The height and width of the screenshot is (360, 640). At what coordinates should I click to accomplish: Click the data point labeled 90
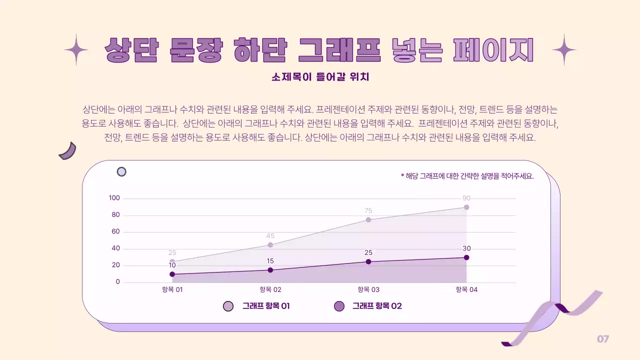pyautogui.click(x=466, y=207)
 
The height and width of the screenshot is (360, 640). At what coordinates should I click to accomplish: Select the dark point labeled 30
pyautogui.click(x=466, y=257)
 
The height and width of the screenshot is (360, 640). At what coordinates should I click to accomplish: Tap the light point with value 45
pyautogui.click(x=270, y=245)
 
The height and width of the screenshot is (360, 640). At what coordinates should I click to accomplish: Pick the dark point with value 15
pyautogui.click(x=270, y=270)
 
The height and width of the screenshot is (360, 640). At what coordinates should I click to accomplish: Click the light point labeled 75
pyautogui.click(x=368, y=219)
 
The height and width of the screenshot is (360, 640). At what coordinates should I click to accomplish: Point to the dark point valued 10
pyautogui.click(x=172, y=274)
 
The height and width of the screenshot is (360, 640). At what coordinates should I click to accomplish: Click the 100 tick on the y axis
pyautogui.click(x=114, y=198)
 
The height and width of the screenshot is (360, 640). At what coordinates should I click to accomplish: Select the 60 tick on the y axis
pyautogui.click(x=115, y=231)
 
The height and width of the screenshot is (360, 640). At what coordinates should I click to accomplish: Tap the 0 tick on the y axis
pyautogui.click(x=118, y=282)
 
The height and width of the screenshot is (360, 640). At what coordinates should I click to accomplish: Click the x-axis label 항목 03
pyautogui.click(x=368, y=289)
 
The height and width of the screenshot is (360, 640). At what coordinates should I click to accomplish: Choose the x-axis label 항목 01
pyautogui.click(x=172, y=289)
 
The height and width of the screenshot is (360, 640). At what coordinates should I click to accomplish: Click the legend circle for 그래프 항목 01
pyautogui.click(x=228, y=306)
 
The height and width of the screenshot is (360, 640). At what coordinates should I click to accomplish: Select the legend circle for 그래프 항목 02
pyautogui.click(x=339, y=306)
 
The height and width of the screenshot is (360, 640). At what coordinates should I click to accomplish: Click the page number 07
pyautogui.click(x=603, y=339)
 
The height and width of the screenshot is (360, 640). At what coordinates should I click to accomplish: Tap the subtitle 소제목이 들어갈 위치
pyautogui.click(x=320, y=77)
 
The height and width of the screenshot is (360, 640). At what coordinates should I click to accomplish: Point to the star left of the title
pyautogui.click(x=76, y=49)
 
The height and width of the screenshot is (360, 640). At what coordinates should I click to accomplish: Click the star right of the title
pyautogui.click(x=564, y=49)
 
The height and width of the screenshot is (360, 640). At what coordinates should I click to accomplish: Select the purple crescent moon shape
pyautogui.click(x=67, y=151)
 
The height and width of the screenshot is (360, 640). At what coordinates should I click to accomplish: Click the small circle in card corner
pyautogui.click(x=121, y=172)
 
